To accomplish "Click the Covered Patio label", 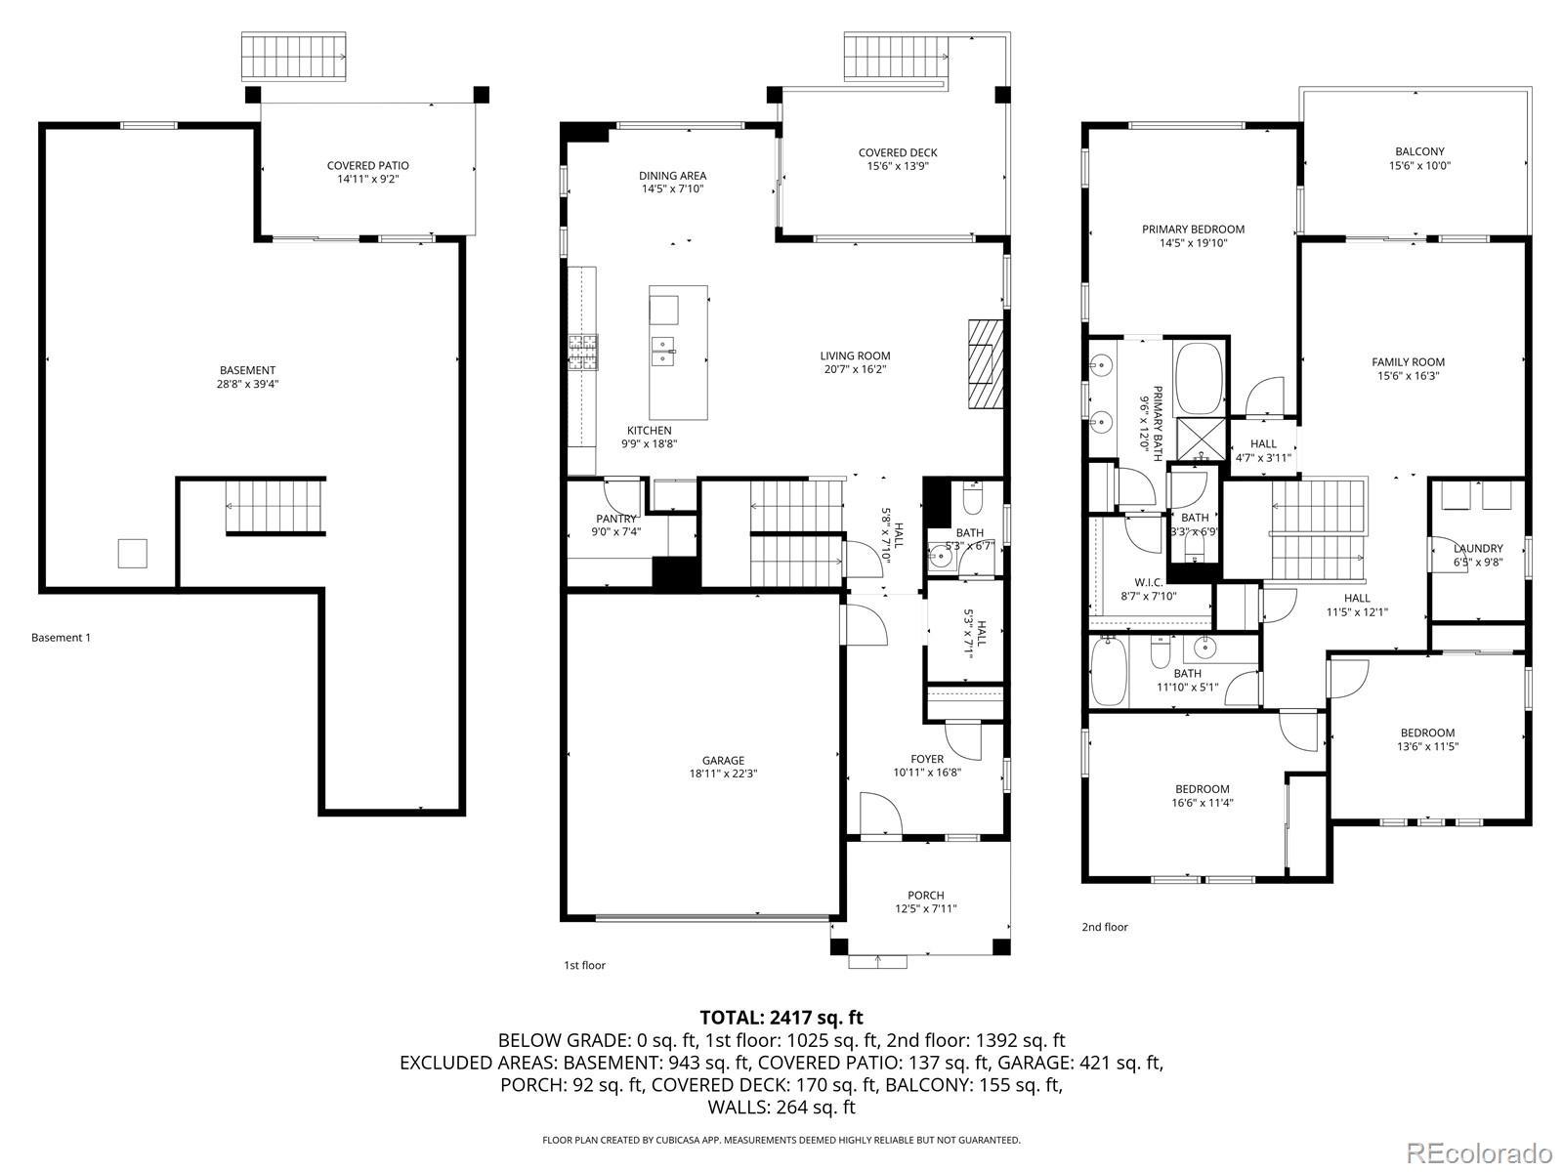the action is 367,166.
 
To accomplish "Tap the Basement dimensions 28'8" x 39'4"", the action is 247,384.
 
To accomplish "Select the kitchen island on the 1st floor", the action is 678,353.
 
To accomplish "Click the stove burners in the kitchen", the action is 582,353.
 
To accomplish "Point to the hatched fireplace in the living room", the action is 986,363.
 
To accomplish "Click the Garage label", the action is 723,761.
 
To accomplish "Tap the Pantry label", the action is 616,519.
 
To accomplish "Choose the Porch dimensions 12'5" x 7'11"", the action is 926,908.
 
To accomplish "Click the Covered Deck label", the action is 897,153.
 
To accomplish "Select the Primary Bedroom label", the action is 1194,230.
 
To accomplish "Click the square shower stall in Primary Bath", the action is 1202,439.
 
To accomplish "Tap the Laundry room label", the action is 1478,549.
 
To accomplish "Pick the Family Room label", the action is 1408,362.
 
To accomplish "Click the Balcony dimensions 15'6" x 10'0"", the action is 1419,166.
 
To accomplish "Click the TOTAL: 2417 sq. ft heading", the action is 781,1018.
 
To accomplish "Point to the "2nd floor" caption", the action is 1105,927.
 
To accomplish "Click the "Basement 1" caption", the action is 61,638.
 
